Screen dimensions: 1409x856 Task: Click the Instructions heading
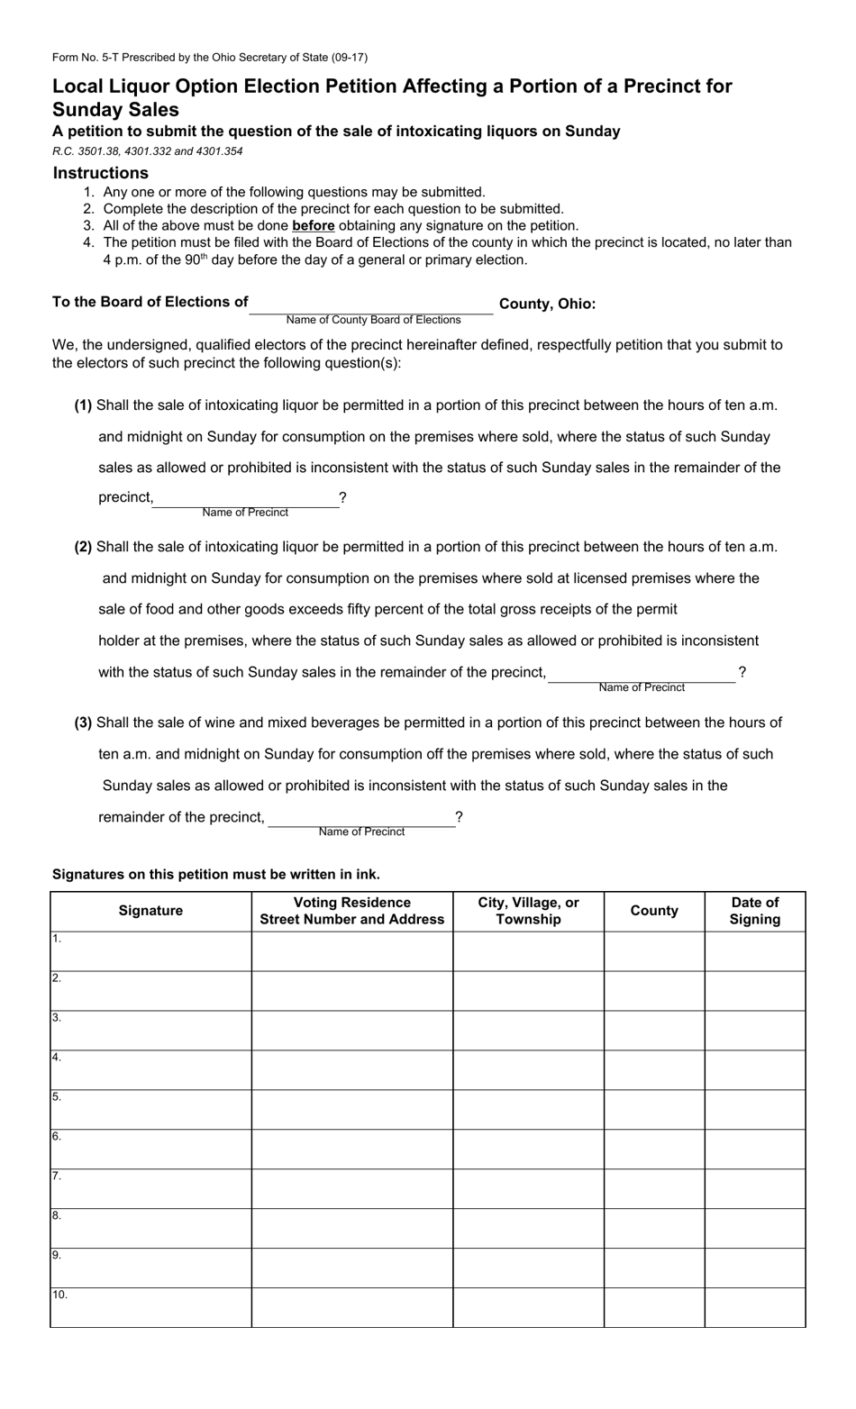100,173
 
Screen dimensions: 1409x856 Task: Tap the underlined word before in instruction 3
313,226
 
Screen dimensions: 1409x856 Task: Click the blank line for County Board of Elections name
370,305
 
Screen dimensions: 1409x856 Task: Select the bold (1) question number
83,405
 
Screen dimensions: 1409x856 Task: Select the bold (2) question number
83,547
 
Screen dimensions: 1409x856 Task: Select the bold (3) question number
83,723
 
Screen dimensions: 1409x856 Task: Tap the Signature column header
150,911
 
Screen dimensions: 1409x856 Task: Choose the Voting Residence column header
351,911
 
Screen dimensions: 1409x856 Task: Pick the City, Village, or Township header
528,911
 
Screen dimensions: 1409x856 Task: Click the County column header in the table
654,911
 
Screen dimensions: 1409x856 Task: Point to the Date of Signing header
755,911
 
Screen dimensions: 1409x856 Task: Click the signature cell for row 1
150,951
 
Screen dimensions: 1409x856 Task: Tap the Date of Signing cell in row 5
755,1110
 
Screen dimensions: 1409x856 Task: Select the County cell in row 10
654,1308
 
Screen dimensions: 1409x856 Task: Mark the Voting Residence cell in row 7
351,1189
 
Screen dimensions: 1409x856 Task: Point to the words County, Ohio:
547,304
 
